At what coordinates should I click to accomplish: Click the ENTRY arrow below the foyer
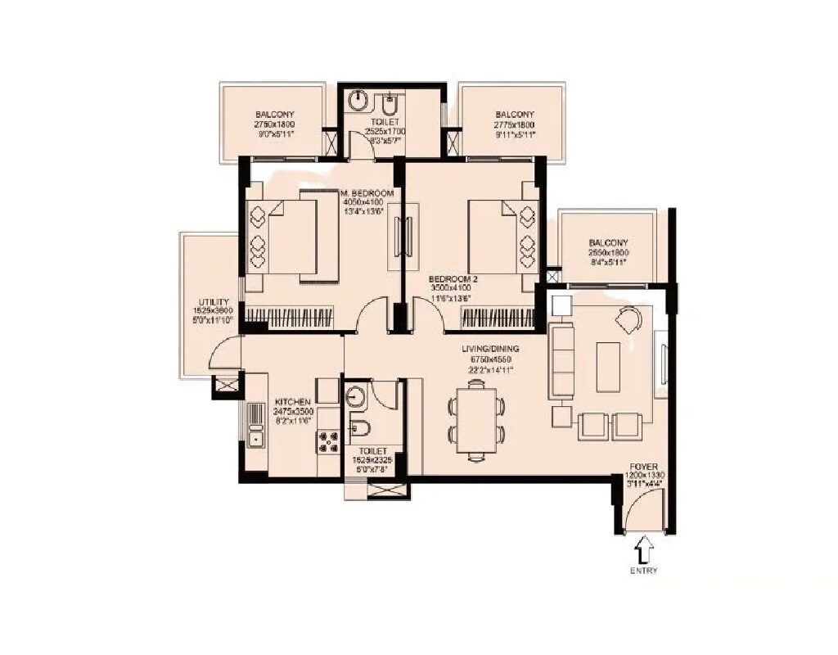pos(644,547)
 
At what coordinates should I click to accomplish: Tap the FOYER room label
pos(644,465)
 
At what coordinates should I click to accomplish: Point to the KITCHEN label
pos(293,401)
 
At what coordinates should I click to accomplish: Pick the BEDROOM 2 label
pos(453,279)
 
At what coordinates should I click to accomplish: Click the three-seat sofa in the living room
pos(562,359)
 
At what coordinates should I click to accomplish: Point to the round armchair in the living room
pos(629,319)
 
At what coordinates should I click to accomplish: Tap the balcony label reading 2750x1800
pos(274,115)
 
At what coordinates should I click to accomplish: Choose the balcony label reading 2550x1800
pos(608,243)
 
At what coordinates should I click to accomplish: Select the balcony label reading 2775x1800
pos(515,115)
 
